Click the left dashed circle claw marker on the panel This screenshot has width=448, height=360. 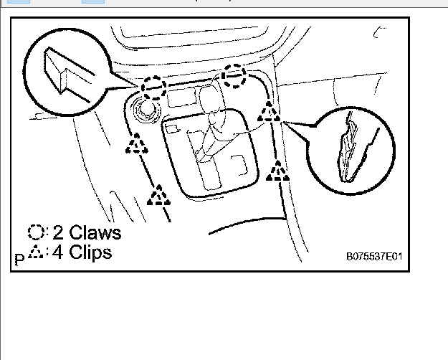coord(153,87)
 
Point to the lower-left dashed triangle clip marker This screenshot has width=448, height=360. coord(159,194)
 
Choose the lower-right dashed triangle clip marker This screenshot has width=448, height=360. coord(277,171)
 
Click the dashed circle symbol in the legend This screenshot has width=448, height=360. coord(37,232)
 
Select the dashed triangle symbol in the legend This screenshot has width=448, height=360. coord(37,252)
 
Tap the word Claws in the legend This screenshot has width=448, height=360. coord(94,232)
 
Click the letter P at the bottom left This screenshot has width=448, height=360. coord(19,257)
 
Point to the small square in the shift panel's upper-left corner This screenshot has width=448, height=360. coord(171,128)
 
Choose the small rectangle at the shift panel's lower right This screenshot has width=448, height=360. coord(242,165)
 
